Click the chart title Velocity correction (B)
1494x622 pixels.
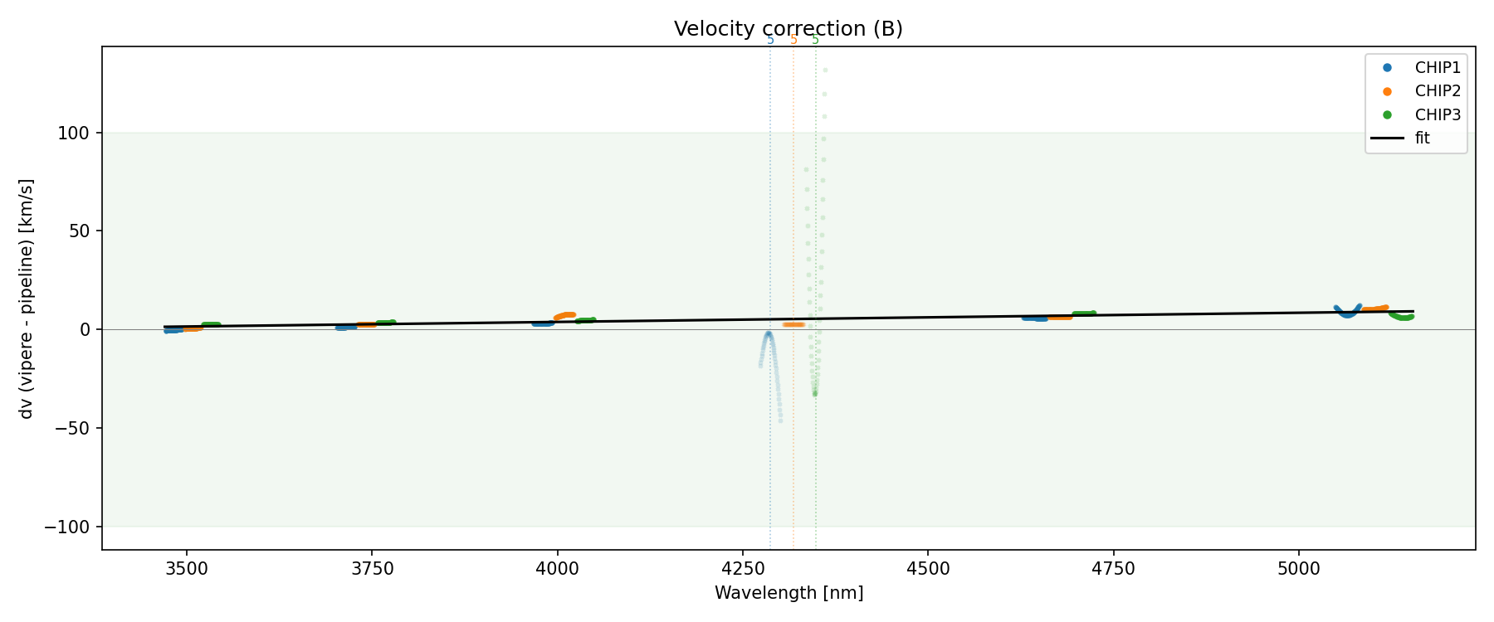(x=788, y=29)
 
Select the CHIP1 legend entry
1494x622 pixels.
(x=1437, y=68)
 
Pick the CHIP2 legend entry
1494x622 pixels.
(x=1437, y=91)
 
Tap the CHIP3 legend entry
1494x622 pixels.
(x=1437, y=114)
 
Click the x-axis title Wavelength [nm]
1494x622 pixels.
(x=788, y=593)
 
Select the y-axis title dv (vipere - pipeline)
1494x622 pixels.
(x=27, y=299)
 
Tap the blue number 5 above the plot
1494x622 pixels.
(x=770, y=40)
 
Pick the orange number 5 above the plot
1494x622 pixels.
(x=793, y=40)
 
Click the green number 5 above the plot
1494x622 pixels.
(x=815, y=40)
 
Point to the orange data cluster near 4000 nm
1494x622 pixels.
(x=565, y=315)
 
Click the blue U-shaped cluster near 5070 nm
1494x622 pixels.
(x=1347, y=313)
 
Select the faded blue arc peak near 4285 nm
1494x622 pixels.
(x=769, y=333)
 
